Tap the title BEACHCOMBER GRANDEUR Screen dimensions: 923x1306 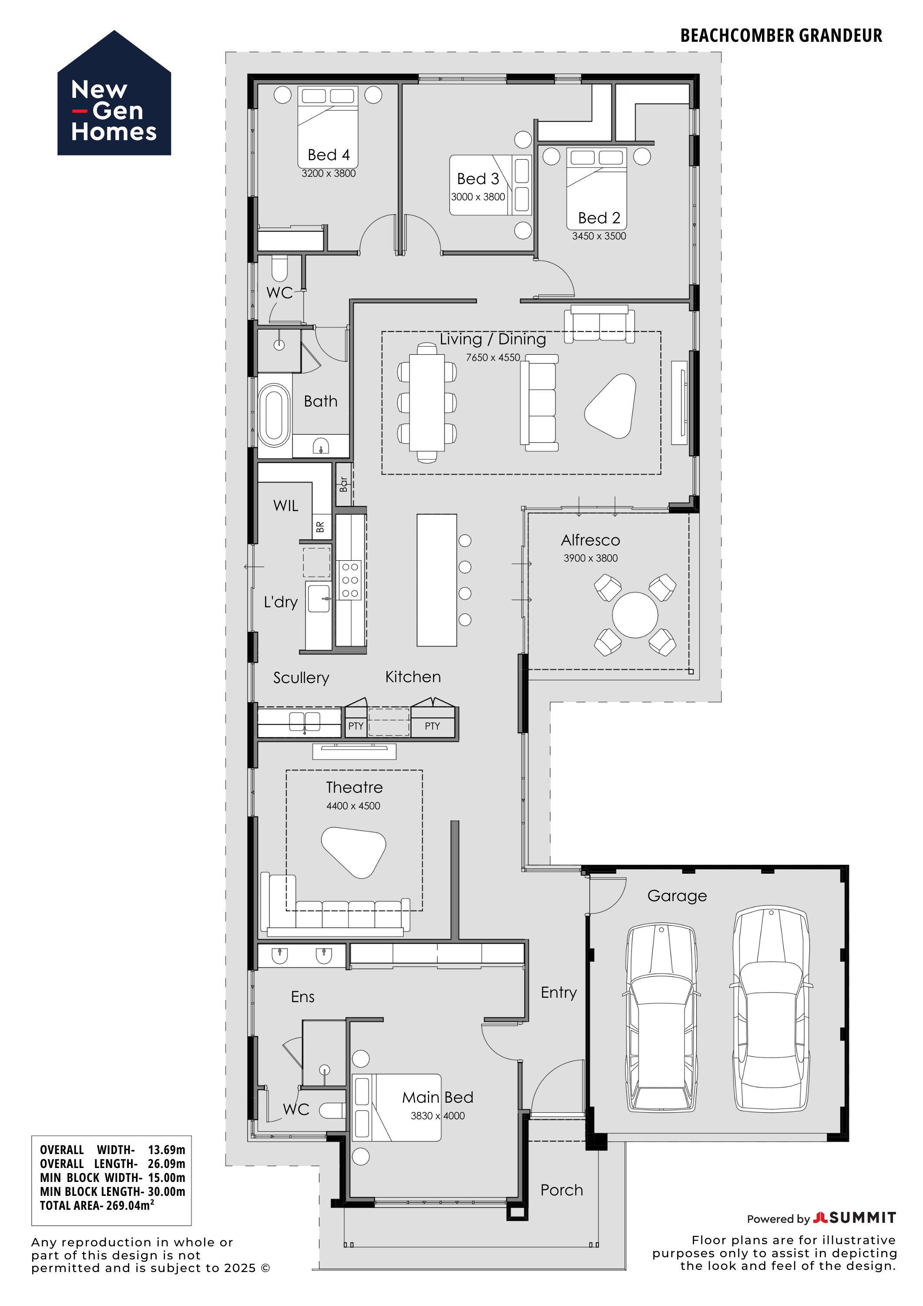[781, 36]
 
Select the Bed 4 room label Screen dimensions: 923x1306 [329, 155]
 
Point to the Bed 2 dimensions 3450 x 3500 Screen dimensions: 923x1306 [599, 236]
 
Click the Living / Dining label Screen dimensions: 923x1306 [493, 339]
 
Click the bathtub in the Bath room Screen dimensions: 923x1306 [274, 415]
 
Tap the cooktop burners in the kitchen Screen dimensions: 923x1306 [350, 580]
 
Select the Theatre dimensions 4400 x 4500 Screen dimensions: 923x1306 [353, 805]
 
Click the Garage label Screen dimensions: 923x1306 [677, 896]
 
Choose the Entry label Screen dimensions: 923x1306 [558, 993]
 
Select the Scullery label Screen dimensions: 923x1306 [301, 677]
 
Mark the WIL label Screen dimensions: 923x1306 [285, 506]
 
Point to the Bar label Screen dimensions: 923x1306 [343, 484]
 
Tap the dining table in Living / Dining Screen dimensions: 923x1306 [427, 402]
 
